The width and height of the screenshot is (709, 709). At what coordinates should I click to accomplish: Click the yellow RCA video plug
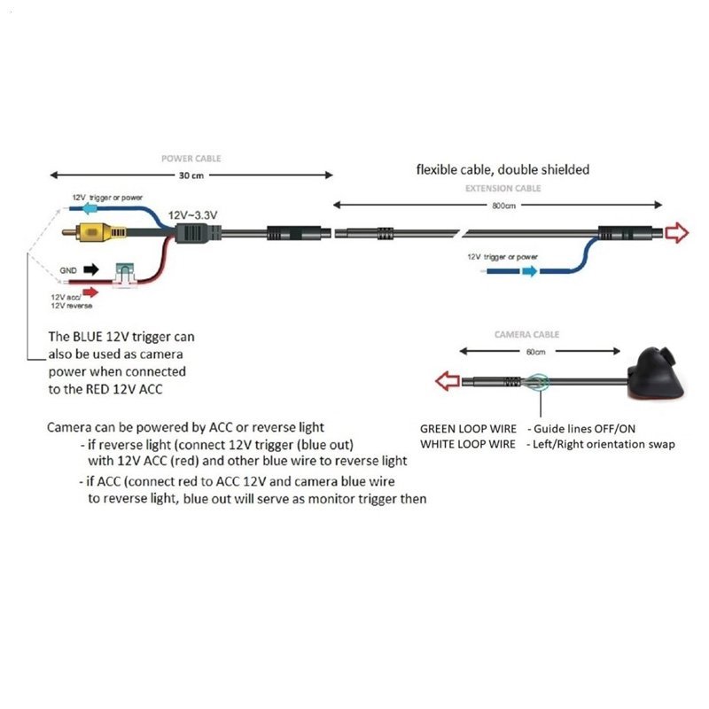pyautogui.click(x=93, y=232)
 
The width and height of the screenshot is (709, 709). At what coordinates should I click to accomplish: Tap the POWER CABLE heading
pyautogui.click(x=191, y=159)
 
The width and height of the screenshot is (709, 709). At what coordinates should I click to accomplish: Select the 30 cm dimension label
pyautogui.click(x=191, y=175)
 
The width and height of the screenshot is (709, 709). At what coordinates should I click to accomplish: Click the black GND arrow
pyautogui.click(x=90, y=268)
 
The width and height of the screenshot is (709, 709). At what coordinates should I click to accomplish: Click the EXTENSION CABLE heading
pyautogui.click(x=503, y=188)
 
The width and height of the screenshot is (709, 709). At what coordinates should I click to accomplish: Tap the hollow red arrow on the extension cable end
pyautogui.click(x=678, y=233)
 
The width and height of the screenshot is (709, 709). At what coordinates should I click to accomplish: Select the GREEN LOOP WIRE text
pyautogui.click(x=468, y=429)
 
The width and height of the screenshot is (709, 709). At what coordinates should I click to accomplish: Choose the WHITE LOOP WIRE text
pyautogui.click(x=468, y=444)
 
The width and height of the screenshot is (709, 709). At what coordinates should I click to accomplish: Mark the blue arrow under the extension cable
pyautogui.click(x=528, y=271)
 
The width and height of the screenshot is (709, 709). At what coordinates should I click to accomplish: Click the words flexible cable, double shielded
pyautogui.click(x=503, y=169)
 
